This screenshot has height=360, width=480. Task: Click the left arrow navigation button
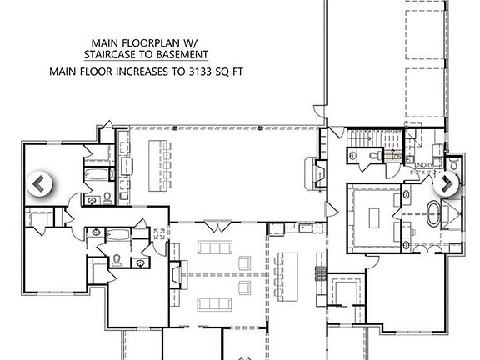pyautogui.click(x=40, y=183)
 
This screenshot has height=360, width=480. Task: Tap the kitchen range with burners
pyautogui.click(x=317, y=273)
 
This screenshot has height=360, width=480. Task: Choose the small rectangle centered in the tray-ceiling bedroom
pyautogui.click(x=372, y=216)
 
